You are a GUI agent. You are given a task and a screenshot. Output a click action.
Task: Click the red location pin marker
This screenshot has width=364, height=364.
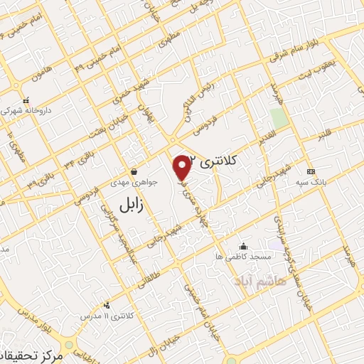click(183, 167)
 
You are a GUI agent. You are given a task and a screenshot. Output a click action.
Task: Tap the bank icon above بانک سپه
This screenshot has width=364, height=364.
click(310, 172)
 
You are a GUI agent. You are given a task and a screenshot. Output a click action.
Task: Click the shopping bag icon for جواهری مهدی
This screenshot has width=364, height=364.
click(134, 171)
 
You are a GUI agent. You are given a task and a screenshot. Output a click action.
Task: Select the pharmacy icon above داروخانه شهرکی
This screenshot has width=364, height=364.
click(27, 100)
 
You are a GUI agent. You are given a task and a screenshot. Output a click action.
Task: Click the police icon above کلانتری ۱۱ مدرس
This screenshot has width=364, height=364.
click(107, 305)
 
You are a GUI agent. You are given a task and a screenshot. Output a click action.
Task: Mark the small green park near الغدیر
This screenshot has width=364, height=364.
click(279, 118)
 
